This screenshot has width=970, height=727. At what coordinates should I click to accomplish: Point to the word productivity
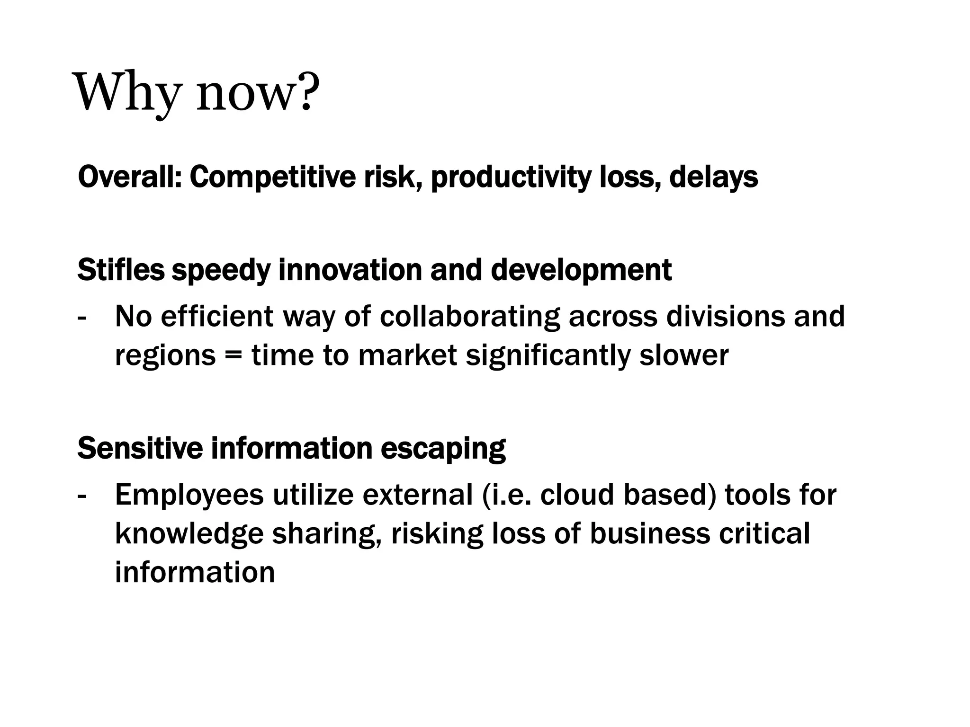pyautogui.click(x=511, y=177)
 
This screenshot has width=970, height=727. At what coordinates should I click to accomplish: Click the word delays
pyautogui.click(x=713, y=177)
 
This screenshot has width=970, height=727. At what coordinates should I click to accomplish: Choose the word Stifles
pyautogui.click(x=121, y=270)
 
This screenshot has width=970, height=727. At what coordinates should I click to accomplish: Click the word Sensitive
pyautogui.click(x=140, y=448)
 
